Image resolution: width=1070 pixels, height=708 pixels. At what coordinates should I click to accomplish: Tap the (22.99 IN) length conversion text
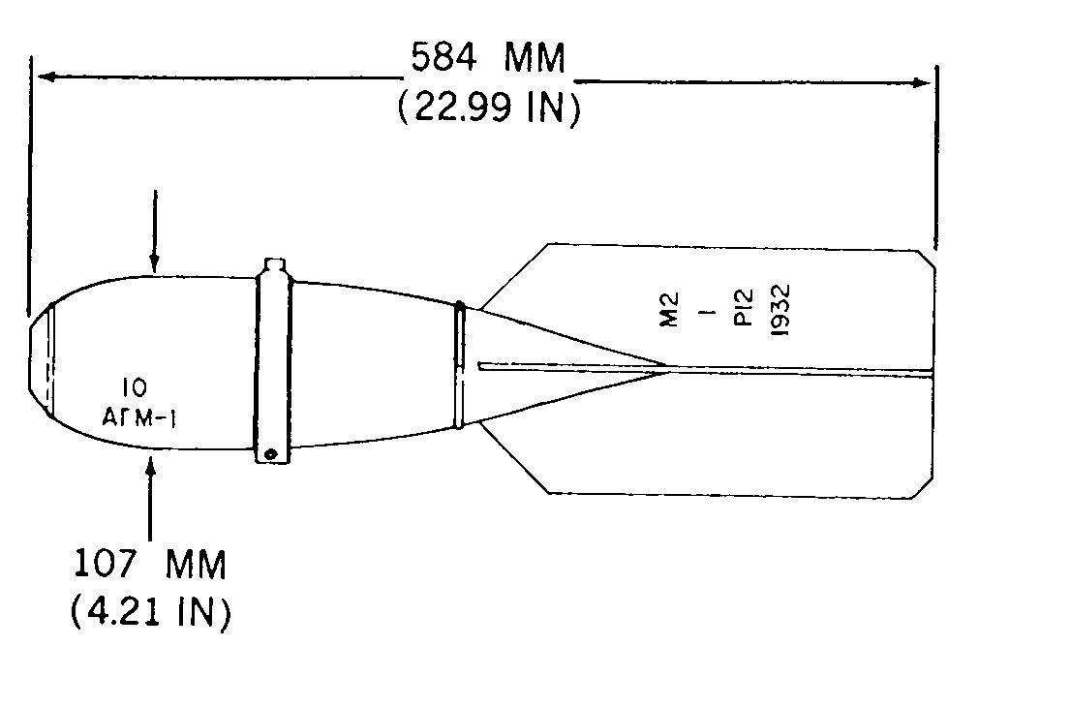coord(489,108)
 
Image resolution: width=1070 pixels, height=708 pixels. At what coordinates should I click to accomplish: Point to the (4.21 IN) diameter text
coord(151,612)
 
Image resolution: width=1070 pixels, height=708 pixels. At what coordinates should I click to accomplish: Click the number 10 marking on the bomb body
coord(135,387)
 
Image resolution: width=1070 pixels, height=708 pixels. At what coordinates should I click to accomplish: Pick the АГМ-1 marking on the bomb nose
coord(139,417)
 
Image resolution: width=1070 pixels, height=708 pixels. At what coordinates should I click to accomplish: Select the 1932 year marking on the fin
coord(780,310)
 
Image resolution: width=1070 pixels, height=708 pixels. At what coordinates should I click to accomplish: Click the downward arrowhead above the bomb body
coord(154,264)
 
